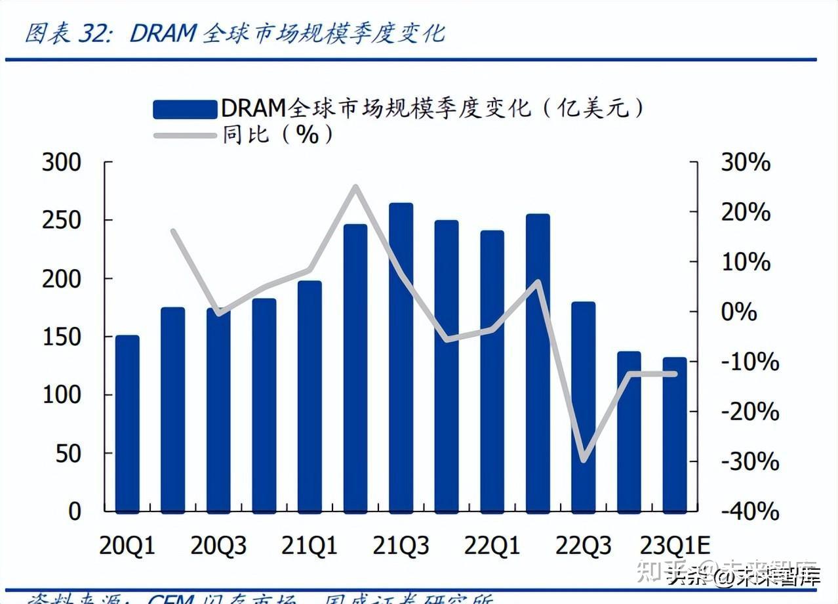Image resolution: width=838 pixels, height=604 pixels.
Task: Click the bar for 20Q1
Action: pos(127,423)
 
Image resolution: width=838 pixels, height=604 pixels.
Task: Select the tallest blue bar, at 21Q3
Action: pos(401,358)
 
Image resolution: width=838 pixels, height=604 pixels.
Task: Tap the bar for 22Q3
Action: pos(583,407)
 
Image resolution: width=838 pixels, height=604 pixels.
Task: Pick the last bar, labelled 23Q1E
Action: pos(674,435)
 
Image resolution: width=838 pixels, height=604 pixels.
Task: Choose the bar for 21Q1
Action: pos(309,397)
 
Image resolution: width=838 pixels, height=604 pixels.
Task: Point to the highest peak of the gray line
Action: pos(355,187)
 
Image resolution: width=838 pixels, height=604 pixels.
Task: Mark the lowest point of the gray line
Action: pos(583,460)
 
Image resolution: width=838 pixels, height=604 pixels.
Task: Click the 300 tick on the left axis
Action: pos(62,163)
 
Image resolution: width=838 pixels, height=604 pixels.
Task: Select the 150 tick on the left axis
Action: pos(62,337)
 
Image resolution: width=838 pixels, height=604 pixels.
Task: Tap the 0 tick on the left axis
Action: pos(75,511)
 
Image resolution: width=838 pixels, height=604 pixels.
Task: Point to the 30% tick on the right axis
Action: pos(746,163)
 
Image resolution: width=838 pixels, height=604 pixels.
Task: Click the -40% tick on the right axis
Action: pos(749,511)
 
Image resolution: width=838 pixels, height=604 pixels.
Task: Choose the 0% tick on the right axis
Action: pos(739,312)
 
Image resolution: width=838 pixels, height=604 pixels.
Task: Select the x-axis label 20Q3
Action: pos(218,546)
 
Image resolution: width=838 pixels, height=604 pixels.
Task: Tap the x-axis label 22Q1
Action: pos(492,546)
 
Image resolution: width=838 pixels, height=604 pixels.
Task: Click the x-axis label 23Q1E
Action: pos(675,546)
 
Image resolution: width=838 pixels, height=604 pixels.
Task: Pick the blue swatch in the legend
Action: pos(185,109)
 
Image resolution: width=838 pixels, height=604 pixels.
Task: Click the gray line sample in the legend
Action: pos(185,136)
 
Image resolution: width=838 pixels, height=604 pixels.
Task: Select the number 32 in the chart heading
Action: pos(92,33)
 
